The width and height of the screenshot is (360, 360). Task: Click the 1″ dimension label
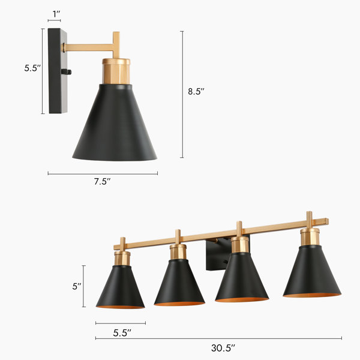coord(56,14)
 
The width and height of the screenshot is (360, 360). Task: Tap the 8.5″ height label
coord(196,91)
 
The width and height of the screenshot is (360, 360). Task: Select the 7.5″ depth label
coord(102,182)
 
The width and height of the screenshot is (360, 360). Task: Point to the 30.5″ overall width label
coord(223,348)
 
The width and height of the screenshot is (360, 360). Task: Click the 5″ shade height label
coord(77,286)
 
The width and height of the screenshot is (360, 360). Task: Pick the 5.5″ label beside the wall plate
coord(32,68)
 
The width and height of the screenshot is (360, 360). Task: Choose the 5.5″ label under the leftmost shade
coord(122,333)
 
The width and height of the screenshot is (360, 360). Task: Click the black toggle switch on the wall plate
coord(67,72)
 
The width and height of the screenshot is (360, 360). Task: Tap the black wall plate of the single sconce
coord(58,71)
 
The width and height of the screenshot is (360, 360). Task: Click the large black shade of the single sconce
coord(115,122)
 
